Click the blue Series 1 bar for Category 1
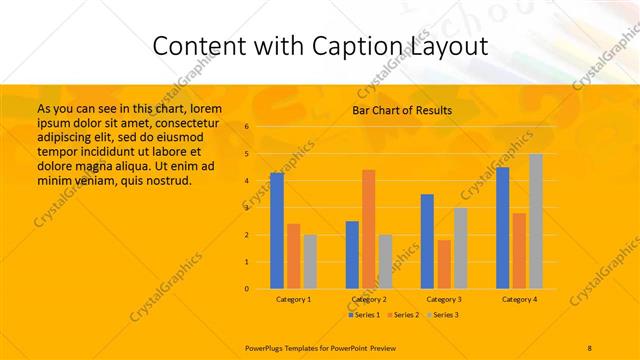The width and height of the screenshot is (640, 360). click(277, 230)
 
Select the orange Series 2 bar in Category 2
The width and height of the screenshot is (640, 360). click(369, 229)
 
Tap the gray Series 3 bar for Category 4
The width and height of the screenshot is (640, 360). click(536, 221)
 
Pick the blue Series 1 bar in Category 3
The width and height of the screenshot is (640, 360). click(427, 241)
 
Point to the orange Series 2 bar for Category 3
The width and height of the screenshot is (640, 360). click(444, 264)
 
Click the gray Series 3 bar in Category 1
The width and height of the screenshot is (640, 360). click(310, 261)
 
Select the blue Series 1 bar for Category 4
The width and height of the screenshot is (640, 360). click(502, 228)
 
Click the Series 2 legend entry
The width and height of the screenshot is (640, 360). click(404, 315)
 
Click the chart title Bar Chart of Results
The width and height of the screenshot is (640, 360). click(402, 111)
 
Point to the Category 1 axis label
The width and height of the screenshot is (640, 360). click(294, 299)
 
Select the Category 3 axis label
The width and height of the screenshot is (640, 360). click(444, 299)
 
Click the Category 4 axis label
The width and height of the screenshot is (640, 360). click(519, 299)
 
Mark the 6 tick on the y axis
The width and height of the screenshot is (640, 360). click(247, 127)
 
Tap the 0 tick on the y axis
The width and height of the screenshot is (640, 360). click(247, 289)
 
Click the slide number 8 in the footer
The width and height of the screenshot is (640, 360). click(590, 346)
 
